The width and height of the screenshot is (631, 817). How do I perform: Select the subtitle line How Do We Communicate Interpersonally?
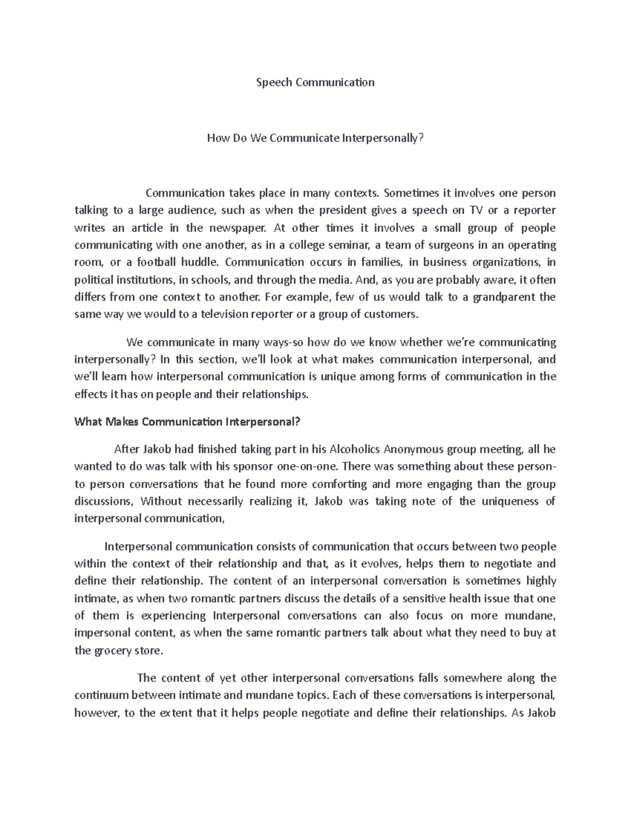pyautogui.click(x=315, y=138)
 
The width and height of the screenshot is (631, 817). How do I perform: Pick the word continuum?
pyautogui.click(x=101, y=695)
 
